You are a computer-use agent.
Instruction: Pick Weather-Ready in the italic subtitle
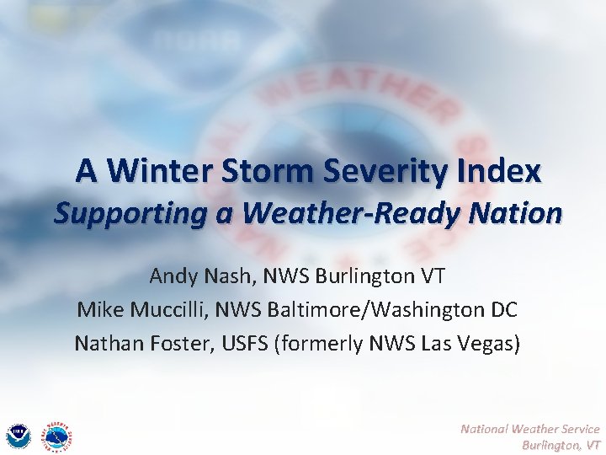(349, 213)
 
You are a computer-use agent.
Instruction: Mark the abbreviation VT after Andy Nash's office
(431, 276)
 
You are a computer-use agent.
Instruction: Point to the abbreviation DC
(502, 309)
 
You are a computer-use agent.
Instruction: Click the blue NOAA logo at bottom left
(19, 436)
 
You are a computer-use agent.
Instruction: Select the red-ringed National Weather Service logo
(56, 435)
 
